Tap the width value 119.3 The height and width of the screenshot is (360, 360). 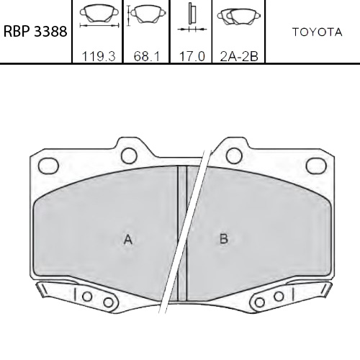coord(98,55)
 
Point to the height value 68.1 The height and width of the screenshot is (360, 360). coord(145,55)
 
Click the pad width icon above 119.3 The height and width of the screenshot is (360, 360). coord(98,16)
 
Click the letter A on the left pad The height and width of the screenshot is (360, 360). coord(127,240)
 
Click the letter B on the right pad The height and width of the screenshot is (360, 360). coord(224,240)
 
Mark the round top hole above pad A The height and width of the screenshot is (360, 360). coord(130,155)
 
